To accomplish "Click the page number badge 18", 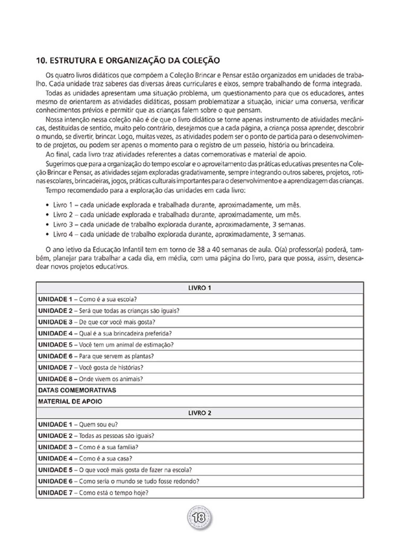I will [199, 518].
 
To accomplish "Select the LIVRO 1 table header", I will [199, 288].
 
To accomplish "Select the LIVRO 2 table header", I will [199, 413].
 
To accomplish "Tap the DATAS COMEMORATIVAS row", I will [77, 390].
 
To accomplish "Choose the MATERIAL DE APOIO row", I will [70, 402].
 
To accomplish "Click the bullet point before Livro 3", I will [47, 225].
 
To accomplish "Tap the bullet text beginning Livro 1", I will [177, 205].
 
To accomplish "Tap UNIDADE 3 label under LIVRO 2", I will [55, 447].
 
